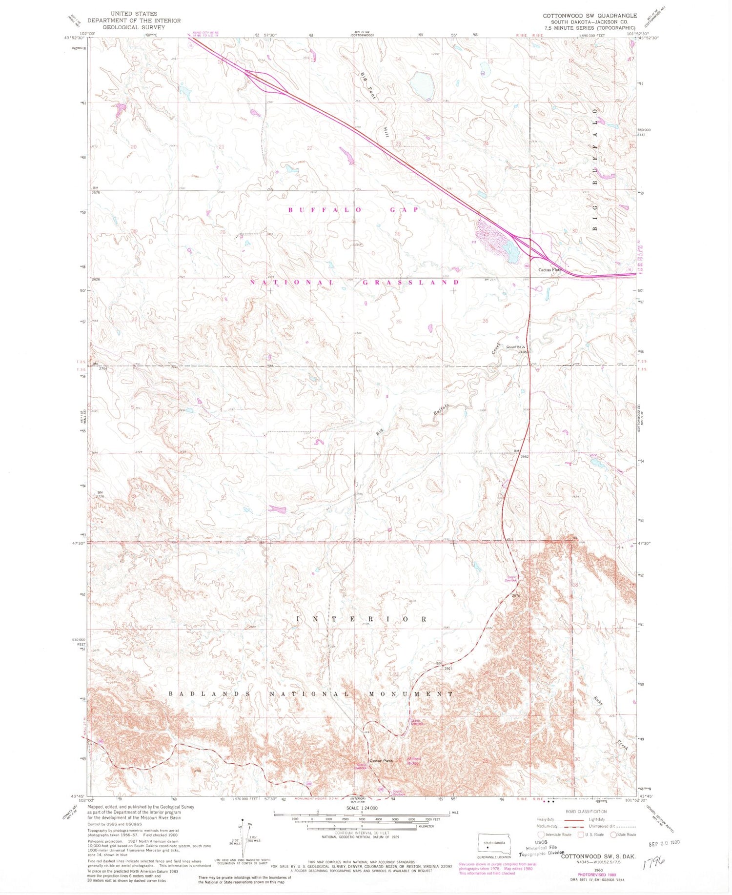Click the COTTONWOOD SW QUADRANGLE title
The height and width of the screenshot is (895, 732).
coord(590,16)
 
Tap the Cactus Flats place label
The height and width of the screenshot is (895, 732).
coord(549,270)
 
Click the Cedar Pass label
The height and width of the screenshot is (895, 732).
coord(381,761)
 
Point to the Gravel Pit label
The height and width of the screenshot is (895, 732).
coord(517,347)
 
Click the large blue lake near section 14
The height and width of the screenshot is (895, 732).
coord(421,84)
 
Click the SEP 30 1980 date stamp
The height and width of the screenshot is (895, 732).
coord(664,843)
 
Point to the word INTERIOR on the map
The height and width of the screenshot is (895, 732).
coord(362,619)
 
